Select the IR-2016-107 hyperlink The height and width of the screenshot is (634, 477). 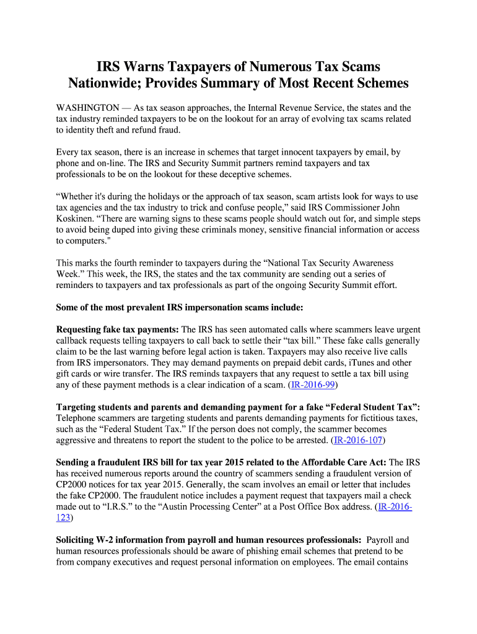(x=359, y=440)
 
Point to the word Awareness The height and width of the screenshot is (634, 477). (x=367, y=263)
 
